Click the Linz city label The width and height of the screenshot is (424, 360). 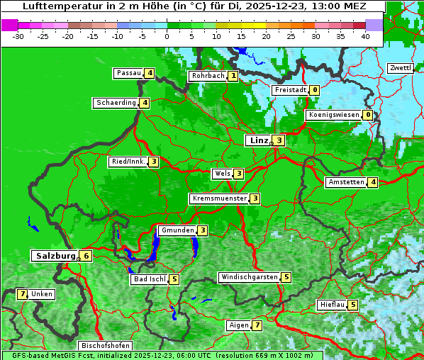[x=258, y=140]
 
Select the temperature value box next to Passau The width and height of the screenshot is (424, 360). [x=149, y=73]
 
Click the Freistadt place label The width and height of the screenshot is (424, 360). [x=289, y=90]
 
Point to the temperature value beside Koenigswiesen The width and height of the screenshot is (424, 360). [x=367, y=115]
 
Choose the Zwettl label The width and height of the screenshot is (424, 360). [x=400, y=68]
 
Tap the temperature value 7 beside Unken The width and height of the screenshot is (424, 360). [x=22, y=294]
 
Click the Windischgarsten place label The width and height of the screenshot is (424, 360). [x=248, y=277]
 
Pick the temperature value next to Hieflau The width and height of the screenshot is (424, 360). [x=352, y=305]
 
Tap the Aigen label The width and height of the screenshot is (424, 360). [x=238, y=325]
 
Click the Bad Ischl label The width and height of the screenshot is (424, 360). [x=149, y=279]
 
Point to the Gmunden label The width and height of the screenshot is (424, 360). [x=177, y=230]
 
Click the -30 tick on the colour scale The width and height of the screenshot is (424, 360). [x=18, y=35]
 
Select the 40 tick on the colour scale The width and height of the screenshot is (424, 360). [x=364, y=35]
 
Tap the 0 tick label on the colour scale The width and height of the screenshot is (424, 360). [x=167, y=35]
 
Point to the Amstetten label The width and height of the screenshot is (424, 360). [x=345, y=182]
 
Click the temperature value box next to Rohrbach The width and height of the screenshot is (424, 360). [x=232, y=76]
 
